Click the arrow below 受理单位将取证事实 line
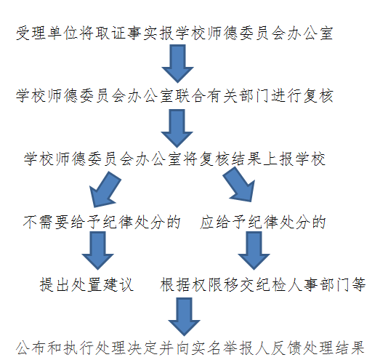click(x=177, y=63)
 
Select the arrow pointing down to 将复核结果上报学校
click(x=177, y=128)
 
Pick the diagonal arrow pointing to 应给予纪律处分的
click(x=240, y=185)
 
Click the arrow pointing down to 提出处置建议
click(x=97, y=250)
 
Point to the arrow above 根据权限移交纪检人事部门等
click(x=254, y=250)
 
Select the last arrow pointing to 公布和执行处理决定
click(x=184, y=316)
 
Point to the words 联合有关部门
click(x=223, y=96)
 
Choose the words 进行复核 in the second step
click(x=302, y=96)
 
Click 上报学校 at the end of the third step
click(x=294, y=159)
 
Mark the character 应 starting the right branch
click(x=208, y=222)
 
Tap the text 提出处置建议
click(x=86, y=284)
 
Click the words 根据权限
click(x=191, y=284)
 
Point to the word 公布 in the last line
click(x=31, y=348)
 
